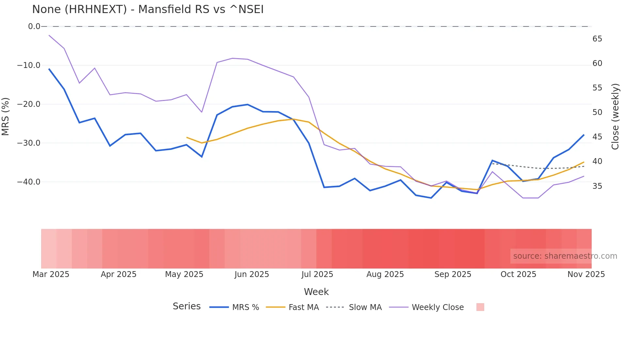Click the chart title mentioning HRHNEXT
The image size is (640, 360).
[x=148, y=9]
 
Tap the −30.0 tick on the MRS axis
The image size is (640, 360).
[x=29, y=143]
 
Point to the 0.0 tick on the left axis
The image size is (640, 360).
[x=34, y=26]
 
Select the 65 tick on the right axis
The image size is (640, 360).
[x=597, y=39]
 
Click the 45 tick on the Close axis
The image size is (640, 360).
[x=597, y=137]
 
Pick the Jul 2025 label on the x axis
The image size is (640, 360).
[x=317, y=274]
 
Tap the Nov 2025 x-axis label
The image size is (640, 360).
[x=586, y=274]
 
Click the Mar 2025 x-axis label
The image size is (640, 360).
[x=51, y=274]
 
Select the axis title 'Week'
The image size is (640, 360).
[x=316, y=292]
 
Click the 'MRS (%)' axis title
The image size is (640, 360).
[x=6, y=116]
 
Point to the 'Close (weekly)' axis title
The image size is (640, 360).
[x=615, y=117]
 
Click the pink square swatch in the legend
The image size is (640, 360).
[x=480, y=307]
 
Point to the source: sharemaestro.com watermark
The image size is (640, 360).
[x=565, y=256]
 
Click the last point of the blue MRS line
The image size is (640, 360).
[x=584, y=135]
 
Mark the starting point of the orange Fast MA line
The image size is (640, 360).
[x=186, y=137]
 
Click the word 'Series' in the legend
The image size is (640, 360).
[x=186, y=306]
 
